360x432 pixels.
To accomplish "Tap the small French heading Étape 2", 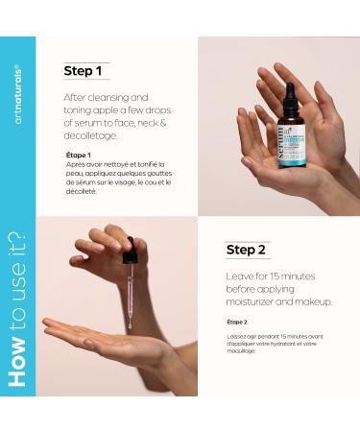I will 237,322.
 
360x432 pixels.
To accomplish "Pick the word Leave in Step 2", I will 240,276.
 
